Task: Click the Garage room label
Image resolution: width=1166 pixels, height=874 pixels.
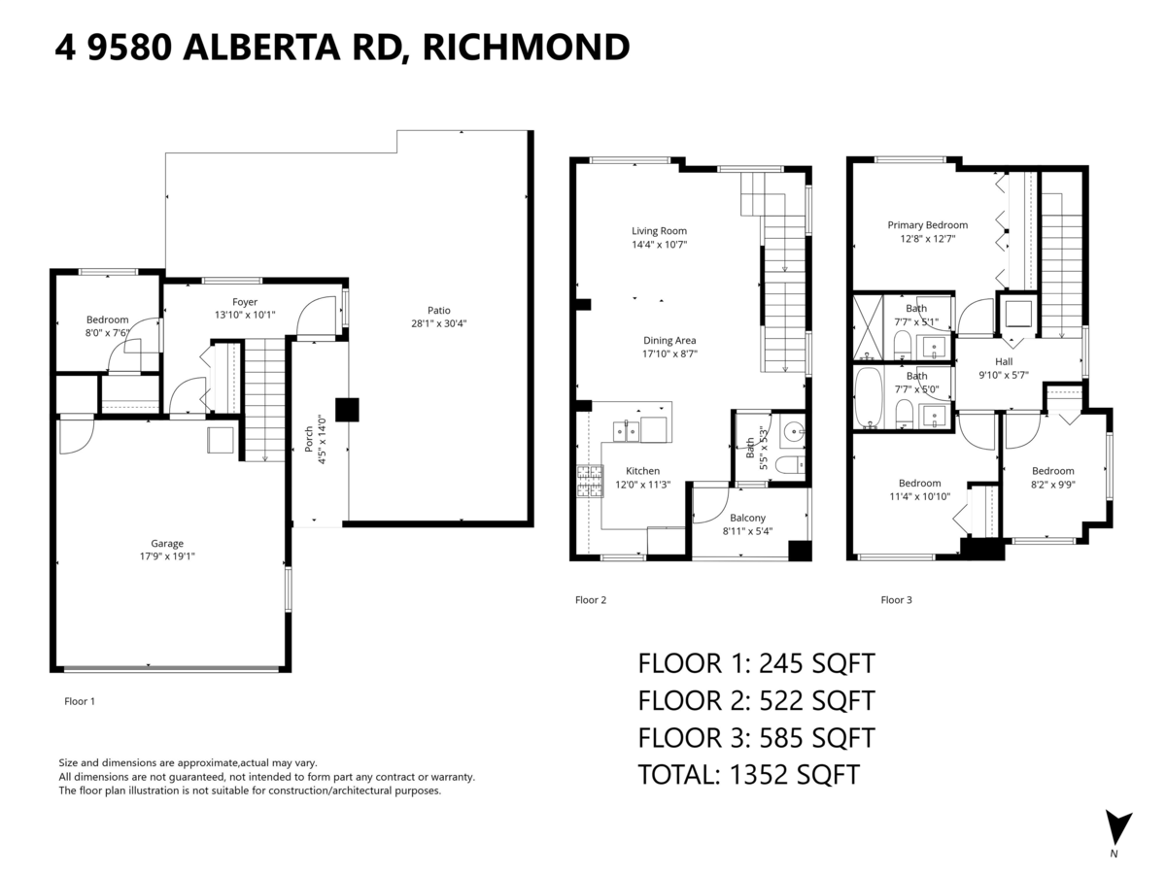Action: pos(166,544)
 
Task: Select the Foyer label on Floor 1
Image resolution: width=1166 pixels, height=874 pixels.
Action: pos(245,302)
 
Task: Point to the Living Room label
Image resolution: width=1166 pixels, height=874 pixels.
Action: pos(659,231)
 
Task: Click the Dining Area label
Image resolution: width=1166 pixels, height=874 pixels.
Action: pos(669,341)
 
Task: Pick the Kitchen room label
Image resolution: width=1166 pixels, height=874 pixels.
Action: pos(642,471)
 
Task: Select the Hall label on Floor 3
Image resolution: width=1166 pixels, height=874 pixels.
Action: pos(1004,361)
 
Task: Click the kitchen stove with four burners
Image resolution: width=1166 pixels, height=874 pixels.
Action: pos(590,481)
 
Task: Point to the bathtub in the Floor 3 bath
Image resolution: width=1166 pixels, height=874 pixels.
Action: pos(867,398)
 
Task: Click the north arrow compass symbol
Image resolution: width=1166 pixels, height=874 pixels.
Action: pos(1118,828)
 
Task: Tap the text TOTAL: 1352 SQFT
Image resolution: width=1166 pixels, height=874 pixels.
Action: pos(748,774)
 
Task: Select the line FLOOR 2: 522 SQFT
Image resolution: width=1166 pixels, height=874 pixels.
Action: pos(756,700)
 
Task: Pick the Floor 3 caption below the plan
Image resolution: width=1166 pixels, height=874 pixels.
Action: pos(896,600)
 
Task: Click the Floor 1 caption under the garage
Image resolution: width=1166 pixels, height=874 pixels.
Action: pos(80,700)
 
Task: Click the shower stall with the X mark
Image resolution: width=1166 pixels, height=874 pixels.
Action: pos(866,328)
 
